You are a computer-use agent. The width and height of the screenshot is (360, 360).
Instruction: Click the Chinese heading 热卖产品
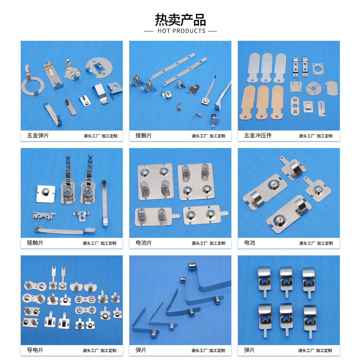pyautogui.click(x=180, y=20)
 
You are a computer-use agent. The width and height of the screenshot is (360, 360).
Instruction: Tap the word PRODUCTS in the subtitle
pyautogui.click(x=189, y=31)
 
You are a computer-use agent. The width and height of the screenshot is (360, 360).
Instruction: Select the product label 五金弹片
pyautogui.click(x=38, y=135)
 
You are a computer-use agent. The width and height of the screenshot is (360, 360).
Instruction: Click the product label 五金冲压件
pyautogui.click(x=258, y=135)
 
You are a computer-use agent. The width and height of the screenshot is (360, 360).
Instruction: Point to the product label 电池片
pyautogui.click(x=144, y=243)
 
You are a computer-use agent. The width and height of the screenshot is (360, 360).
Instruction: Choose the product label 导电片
pyautogui.click(x=35, y=350)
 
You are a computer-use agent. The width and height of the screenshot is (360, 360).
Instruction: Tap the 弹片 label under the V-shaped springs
pyautogui.click(x=141, y=350)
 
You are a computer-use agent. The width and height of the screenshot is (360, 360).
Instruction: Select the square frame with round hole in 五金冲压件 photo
pyautogui.click(x=317, y=69)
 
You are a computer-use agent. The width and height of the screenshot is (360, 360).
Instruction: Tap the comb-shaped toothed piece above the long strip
pyautogui.click(x=44, y=216)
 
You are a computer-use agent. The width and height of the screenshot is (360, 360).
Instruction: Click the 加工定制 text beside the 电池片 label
pyautogui.click(x=217, y=243)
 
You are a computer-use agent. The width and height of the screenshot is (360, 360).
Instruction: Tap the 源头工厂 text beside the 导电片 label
pyautogui.click(x=90, y=350)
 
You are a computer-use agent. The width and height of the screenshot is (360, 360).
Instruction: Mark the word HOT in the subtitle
pyautogui.click(x=164, y=31)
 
